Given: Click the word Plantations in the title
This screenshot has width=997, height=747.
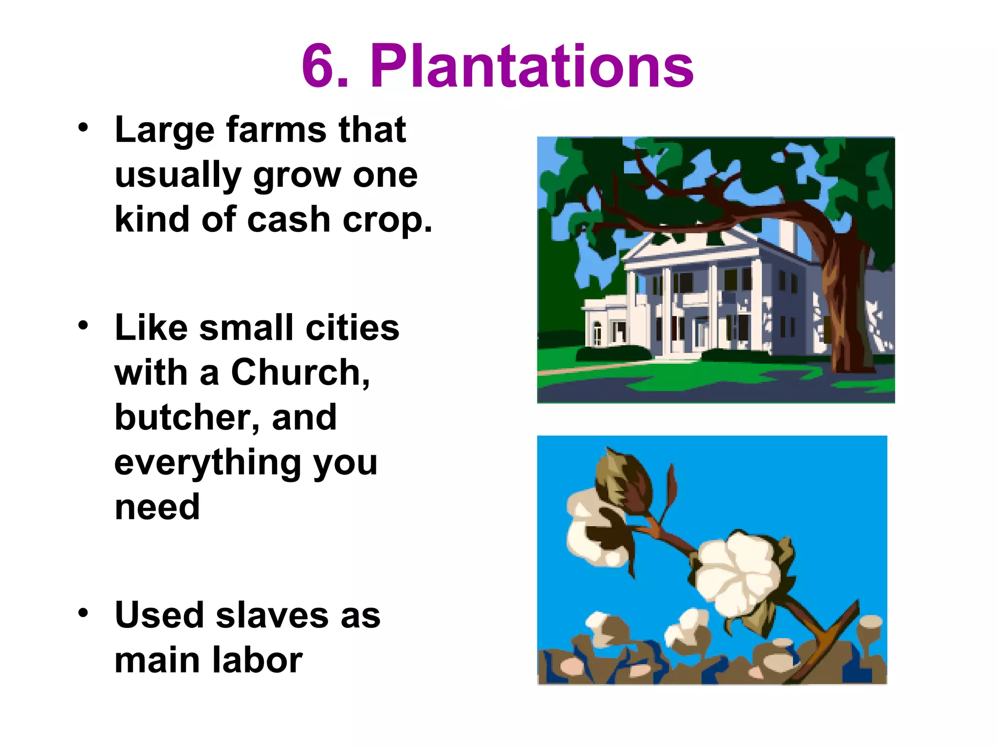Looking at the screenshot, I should [532, 66].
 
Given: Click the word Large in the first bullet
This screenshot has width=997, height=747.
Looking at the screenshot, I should [165, 130].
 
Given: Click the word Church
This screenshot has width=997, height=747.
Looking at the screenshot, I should [300, 373].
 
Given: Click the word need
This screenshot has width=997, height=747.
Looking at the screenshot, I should [157, 507].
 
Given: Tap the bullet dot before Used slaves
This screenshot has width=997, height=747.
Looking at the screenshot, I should [83, 613].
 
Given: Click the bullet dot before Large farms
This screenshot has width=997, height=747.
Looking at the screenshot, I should [83, 127].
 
